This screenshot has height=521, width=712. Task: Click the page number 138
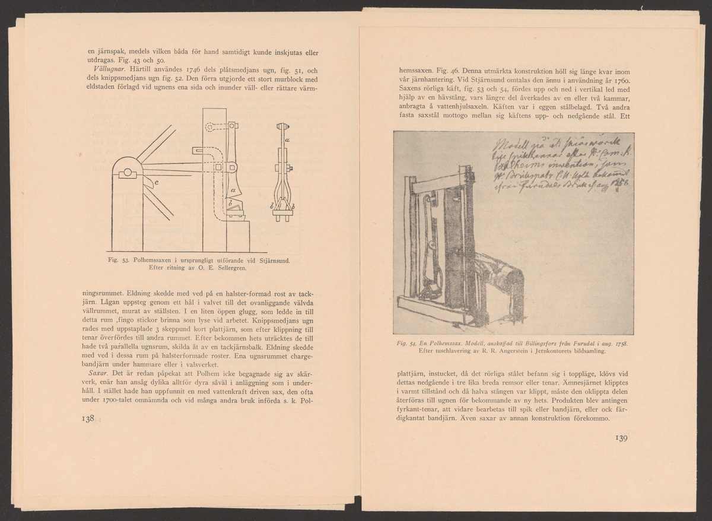coord(87,419)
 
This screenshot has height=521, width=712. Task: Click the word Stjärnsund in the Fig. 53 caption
coord(272,260)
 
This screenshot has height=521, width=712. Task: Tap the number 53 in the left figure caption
coord(126,260)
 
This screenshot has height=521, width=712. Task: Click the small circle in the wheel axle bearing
coord(127,174)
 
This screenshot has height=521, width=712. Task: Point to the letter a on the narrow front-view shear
coord(287,139)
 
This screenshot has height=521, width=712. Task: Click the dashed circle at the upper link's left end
coord(209,126)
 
